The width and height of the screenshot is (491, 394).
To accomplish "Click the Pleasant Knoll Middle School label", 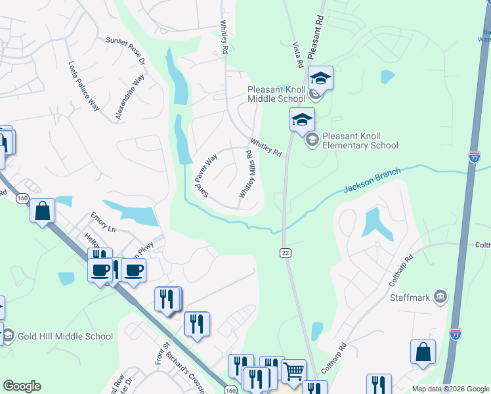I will (x=276, y=94).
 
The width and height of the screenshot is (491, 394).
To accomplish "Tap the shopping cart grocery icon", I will (x=293, y=371).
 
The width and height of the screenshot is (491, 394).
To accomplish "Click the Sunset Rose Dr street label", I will (x=125, y=52).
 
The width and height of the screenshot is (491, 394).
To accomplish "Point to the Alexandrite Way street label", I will (x=129, y=97).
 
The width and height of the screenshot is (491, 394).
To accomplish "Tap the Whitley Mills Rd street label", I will (x=247, y=174).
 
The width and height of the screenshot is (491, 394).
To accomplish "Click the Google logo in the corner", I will (x=22, y=386).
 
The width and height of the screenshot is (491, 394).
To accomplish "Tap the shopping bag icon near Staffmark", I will (x=423, y=352).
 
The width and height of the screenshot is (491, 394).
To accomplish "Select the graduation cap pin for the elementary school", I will (x=302, y=120).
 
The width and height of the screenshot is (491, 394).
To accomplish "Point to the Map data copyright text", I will (x=450, y=389).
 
